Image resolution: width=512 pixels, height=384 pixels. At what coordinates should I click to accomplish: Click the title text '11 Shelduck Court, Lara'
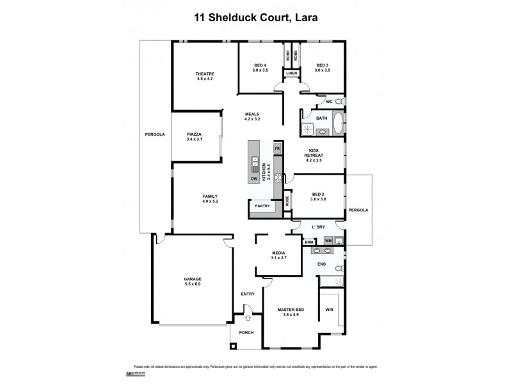point(256,18)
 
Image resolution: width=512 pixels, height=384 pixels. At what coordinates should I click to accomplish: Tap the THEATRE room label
point(205,74)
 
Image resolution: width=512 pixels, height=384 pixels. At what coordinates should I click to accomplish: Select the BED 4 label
point(260,65)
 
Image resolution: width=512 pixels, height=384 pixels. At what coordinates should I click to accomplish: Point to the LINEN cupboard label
point(292,74)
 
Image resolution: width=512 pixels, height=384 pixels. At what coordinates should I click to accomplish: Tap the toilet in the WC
point(339,102)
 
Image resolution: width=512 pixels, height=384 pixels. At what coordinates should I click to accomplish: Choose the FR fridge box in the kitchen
point(277,148)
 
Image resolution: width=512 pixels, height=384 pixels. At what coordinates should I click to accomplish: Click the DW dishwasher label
point(254,179)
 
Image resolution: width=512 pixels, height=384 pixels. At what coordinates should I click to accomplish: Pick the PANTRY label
point(262,206)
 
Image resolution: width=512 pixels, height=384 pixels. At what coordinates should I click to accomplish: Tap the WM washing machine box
point(328,241)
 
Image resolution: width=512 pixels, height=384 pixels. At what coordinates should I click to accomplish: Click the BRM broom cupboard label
point(309,242)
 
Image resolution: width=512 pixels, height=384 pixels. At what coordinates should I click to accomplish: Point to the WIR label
point(330,310)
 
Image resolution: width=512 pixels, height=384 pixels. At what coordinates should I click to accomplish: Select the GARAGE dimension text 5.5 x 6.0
point(193,284)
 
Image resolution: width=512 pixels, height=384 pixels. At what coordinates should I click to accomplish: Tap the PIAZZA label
point(195,134)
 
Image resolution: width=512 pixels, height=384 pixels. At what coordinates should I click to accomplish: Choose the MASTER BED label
point(291,310)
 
